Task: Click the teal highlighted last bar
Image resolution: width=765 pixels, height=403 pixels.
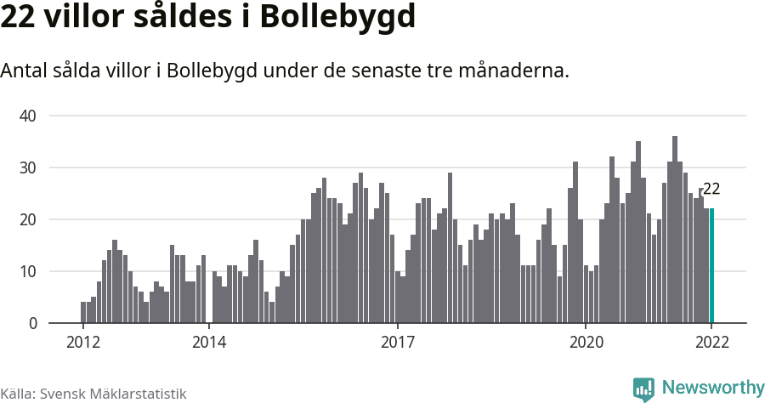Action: [712, 265]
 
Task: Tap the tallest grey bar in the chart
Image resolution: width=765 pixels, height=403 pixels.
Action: [675, 230]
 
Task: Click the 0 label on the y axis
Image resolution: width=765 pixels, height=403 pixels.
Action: [33, 323]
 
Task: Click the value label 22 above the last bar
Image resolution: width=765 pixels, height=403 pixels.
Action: [711, 190]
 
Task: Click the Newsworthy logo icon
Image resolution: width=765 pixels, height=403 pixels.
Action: [643, 389]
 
